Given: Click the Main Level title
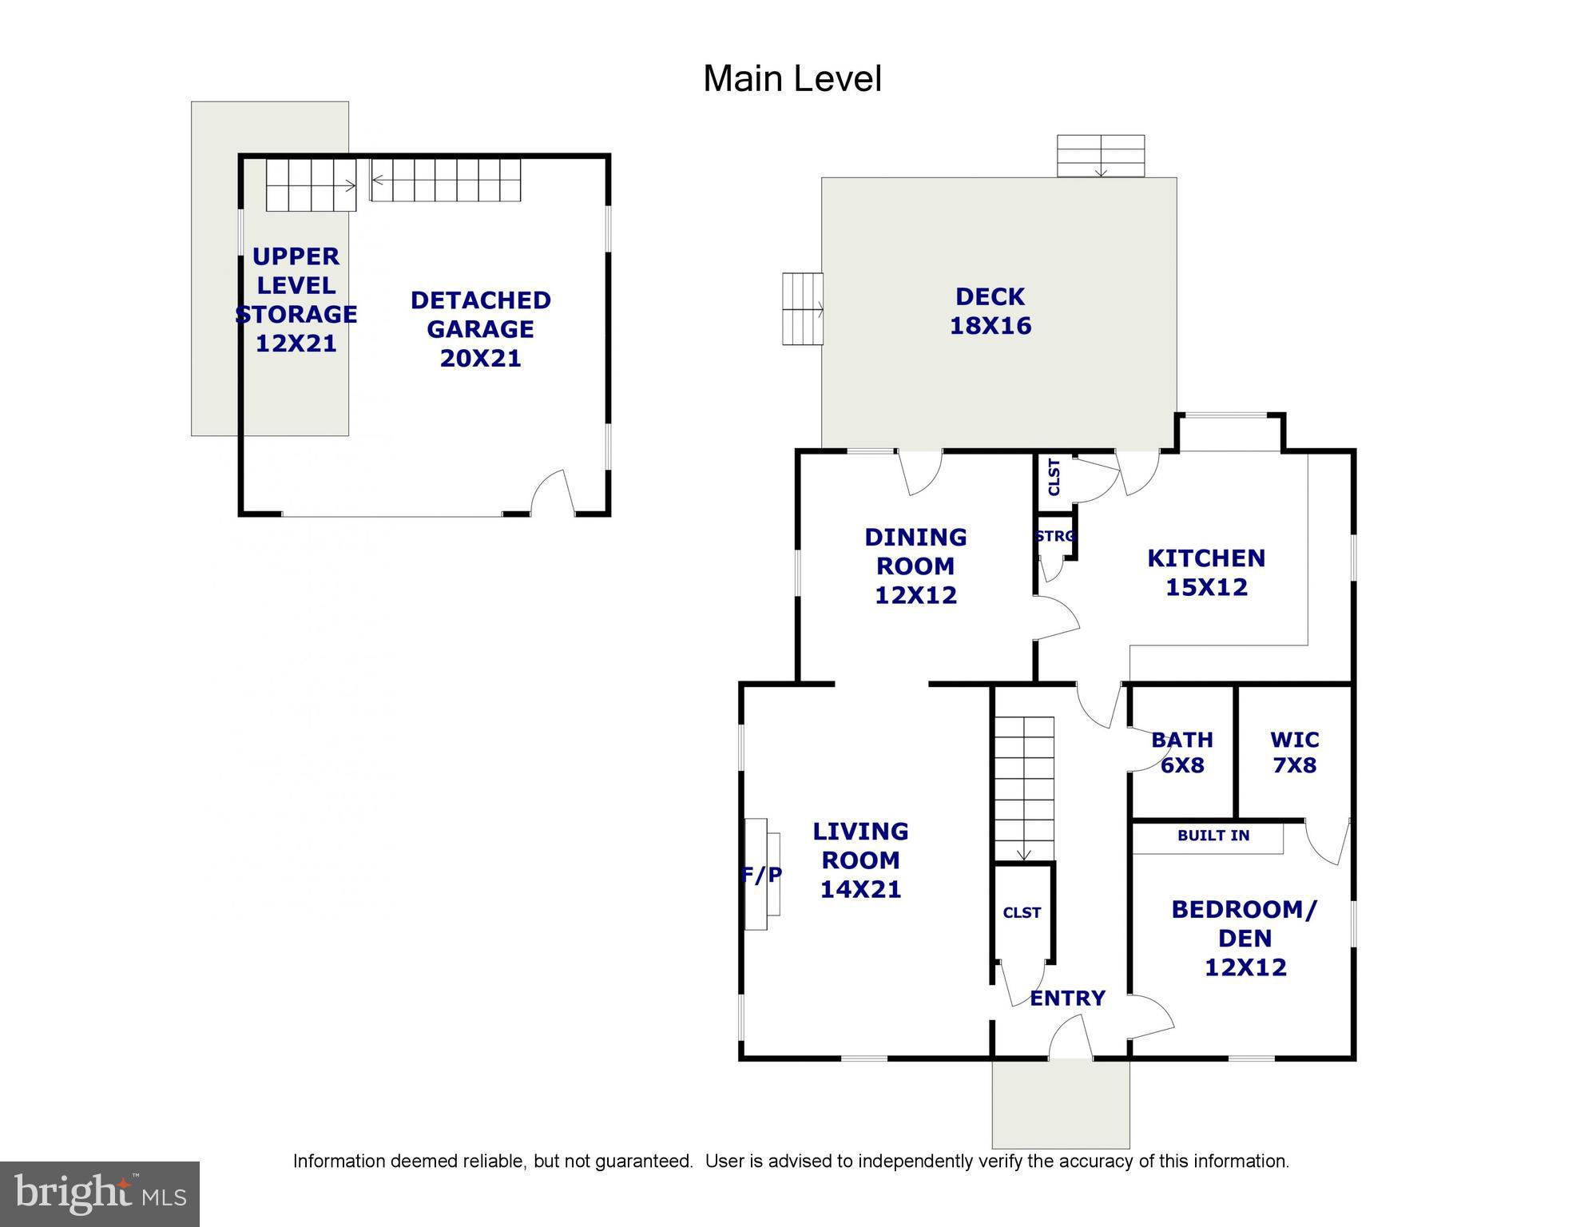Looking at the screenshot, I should pos(792,79).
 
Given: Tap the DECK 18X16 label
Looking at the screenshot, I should pos(990,312).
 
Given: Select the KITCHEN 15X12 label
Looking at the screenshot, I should pos(1205,573).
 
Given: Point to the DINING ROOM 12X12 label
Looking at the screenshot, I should pos(915,566).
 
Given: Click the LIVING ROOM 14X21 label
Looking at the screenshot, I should pos(860,860).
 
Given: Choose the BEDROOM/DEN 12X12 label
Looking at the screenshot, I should pos(1245,939).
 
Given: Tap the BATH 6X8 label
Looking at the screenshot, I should pos(1181,752).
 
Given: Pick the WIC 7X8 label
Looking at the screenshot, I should pos(1294,752).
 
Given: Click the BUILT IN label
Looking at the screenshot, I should pos(1213,836).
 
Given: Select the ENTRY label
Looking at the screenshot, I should pos(1067,999).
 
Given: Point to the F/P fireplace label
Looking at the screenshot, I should pos(761,876).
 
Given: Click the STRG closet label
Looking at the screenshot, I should pos(1054,537).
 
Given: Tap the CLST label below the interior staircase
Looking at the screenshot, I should pos(1022,912).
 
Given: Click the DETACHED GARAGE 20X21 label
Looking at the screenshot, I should pos(480,329).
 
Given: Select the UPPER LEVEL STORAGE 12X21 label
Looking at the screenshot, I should pos(296,300).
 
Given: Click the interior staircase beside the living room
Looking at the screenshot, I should pos(1023,788).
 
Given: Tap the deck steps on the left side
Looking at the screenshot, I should pos(802,309).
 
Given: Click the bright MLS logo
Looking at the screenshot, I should pos(100,1194).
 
